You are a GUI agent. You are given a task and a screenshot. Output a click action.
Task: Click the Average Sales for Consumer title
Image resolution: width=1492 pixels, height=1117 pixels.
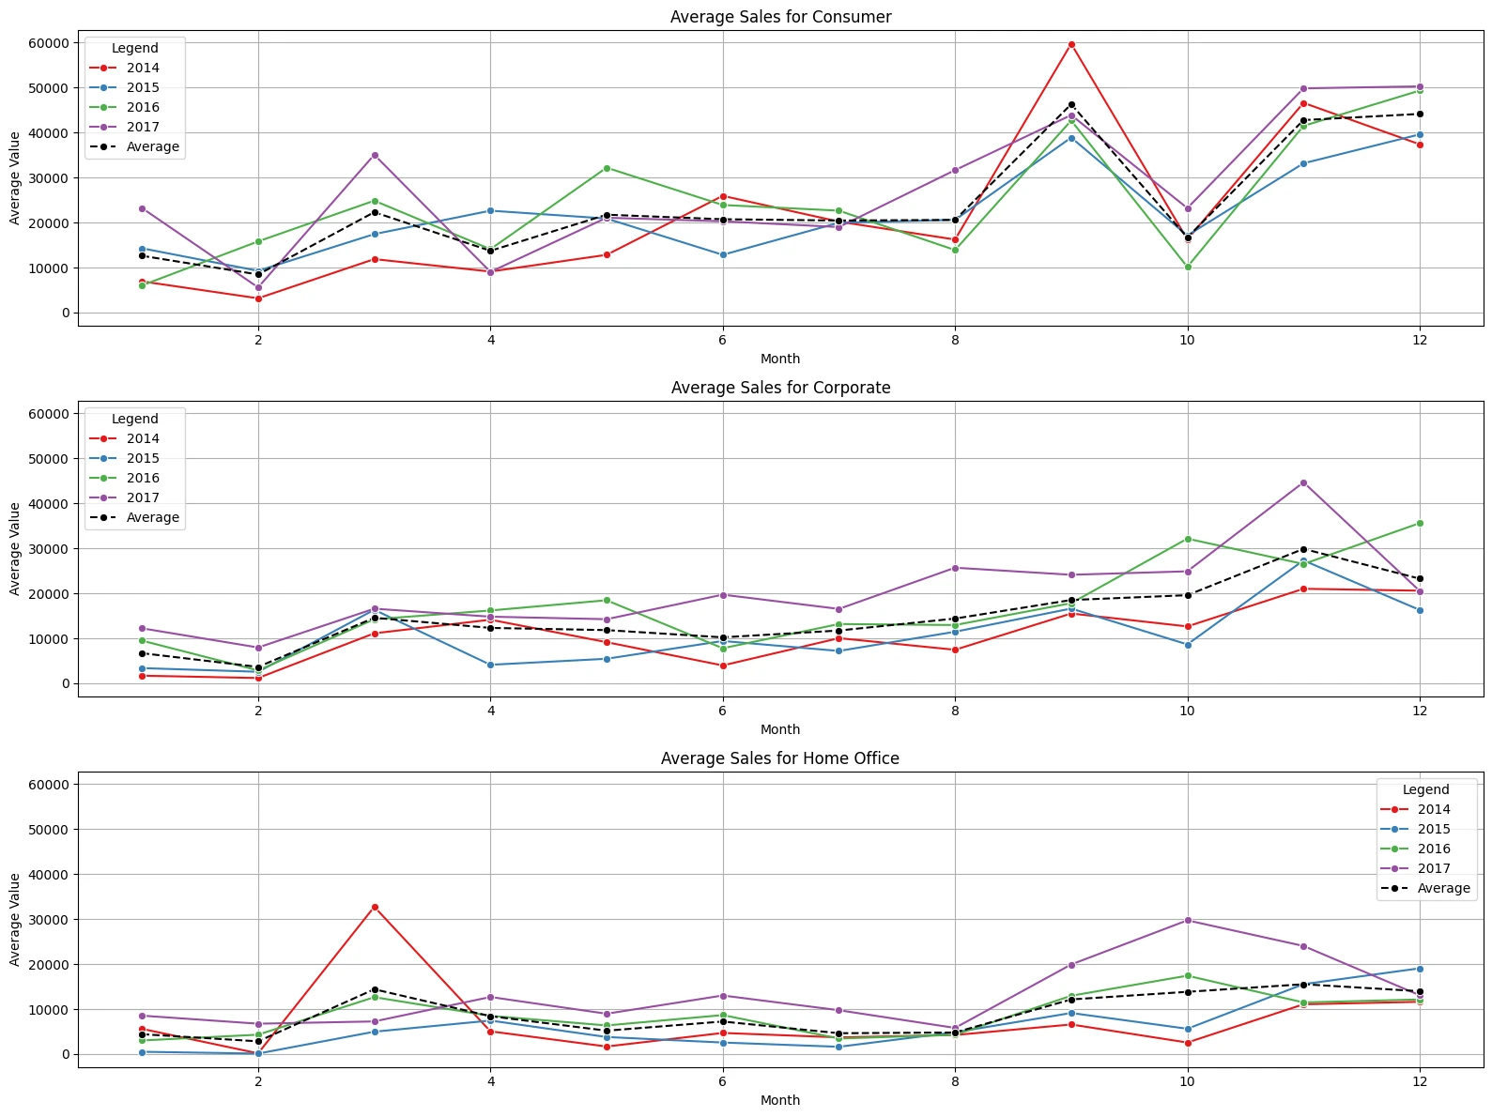[x=780, y=17]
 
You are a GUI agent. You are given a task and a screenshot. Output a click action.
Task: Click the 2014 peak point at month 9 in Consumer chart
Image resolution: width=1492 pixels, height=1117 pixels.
[x=1071, y=44]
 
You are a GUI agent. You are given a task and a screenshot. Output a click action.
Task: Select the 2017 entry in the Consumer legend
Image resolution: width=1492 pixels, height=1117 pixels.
[x=143, y=127]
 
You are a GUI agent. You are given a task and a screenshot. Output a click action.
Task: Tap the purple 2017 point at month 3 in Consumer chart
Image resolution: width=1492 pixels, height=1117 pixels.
[x=375, y=155]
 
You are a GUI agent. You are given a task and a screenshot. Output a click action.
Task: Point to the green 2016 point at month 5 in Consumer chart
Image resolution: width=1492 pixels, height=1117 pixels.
[x=607, y=168]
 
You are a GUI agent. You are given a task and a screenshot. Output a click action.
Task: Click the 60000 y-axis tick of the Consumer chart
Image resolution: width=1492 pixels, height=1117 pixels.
[x=49, y=43]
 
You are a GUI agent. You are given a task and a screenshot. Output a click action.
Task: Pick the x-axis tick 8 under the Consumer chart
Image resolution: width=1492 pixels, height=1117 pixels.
[x=955, y=340]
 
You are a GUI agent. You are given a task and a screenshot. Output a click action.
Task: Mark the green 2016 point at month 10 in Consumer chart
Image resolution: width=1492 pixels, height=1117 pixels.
[x=1188, y=268]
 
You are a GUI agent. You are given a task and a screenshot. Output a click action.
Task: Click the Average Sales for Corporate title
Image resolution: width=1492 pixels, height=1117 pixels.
[x=780, y=388]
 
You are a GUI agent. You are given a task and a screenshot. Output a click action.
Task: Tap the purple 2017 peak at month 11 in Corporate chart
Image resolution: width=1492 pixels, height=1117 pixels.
[x=1303, y=482]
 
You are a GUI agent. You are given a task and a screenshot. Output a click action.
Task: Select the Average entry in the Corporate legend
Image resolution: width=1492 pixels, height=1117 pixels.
[x=152, y=517]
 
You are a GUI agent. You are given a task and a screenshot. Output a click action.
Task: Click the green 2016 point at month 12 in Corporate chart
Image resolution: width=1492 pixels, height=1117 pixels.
[x=1420, y=523]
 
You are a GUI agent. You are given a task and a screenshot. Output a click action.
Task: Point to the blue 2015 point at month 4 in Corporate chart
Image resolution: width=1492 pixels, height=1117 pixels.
[x=490, y=665]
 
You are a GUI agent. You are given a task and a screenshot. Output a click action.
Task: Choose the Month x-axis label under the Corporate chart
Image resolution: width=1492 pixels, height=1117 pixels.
[x=780, y=729]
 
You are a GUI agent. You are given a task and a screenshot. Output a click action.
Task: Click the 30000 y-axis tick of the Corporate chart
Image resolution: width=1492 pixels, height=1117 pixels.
[x=49, y=549]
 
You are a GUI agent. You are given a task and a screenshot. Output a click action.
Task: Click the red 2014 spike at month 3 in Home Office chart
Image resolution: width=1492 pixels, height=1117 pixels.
[x=375, y=907]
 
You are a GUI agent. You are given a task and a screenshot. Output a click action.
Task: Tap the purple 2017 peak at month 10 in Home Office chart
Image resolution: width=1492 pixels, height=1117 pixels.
[x=1188, y=920]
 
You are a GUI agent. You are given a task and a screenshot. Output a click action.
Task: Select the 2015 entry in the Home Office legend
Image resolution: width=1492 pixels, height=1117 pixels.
[x=1434, y=829]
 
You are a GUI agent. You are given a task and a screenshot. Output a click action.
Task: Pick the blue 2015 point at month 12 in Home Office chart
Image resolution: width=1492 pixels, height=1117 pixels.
[x=1420, y=969]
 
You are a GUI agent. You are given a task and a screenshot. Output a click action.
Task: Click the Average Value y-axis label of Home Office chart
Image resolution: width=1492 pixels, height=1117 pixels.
[x=15, y=919]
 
